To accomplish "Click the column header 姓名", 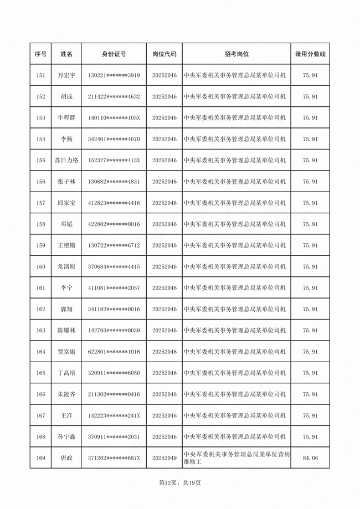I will [66, 54].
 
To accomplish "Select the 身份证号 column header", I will [114, 54].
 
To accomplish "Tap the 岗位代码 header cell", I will [164, 54].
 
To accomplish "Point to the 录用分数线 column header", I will [310, 54].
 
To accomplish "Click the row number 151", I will [40, 75].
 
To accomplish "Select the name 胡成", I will [66, 96].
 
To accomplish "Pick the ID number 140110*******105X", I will [114, 118].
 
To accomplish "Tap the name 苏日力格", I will [66, 160].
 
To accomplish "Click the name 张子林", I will [66, 182].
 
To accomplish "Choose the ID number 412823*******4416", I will [114, 203].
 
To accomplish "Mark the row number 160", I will [40, 266].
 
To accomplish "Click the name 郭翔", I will [66, 309].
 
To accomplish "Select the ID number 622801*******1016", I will [114, 352].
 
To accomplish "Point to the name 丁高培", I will [66, 373].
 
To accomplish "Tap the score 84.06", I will [310, 458].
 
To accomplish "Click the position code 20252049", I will [164, 458].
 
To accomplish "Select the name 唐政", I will [66, 458].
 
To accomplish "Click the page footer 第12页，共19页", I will [180, 483].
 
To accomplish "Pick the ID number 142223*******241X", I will [114, 415].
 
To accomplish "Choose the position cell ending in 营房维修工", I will [236, 458].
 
